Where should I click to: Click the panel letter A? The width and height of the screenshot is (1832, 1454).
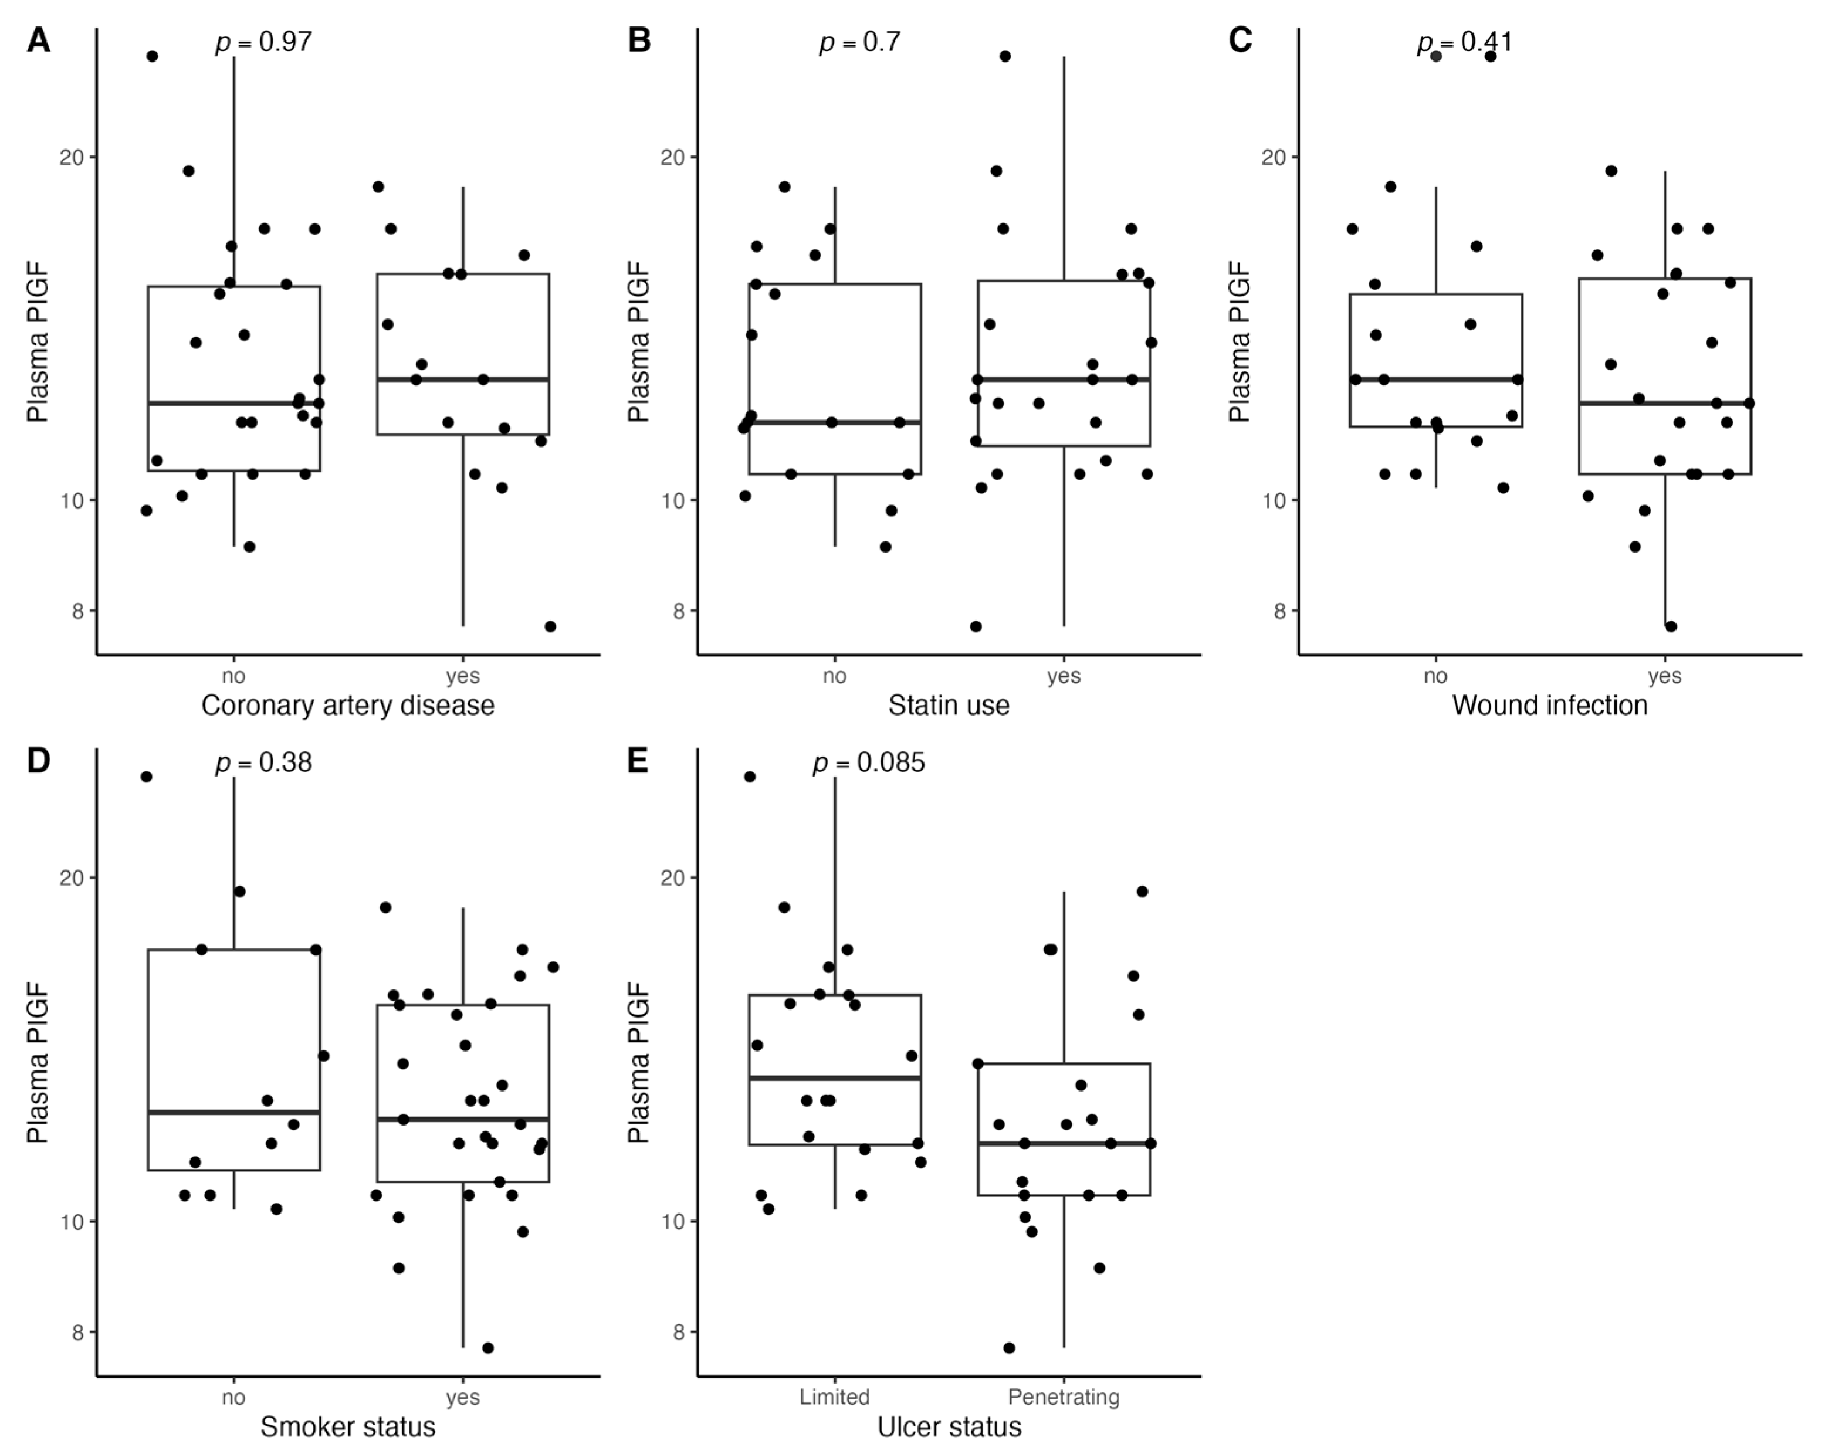point(38,40)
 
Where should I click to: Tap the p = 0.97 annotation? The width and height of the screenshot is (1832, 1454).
point(263,42)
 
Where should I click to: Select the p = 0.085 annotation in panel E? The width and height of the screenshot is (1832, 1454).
point(868,762)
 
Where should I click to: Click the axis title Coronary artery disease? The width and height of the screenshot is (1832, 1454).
point(347,706)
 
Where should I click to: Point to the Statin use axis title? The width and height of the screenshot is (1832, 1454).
point(949,706)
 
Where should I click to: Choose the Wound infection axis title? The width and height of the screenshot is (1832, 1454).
point(1549,706)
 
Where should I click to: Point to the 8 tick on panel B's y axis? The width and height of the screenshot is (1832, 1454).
point(678,611)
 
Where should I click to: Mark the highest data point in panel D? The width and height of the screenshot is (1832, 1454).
point(146,777)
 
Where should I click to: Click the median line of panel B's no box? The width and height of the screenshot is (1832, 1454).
point(834,422)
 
